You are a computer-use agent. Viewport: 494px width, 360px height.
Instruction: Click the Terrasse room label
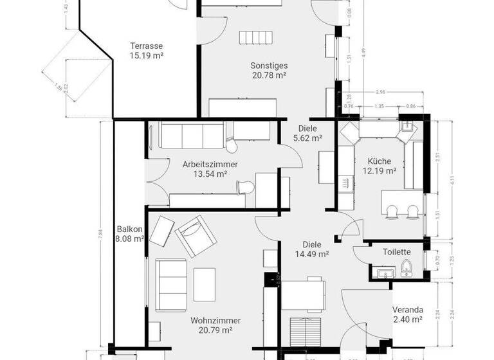pos(146,46)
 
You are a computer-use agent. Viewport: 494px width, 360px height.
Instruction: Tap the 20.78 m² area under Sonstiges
pos(269,75)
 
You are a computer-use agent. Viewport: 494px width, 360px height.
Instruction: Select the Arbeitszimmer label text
pos(210,164)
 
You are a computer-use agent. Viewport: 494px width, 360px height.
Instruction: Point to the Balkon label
pos(129,229)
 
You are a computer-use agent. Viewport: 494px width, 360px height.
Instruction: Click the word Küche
pos(380,161)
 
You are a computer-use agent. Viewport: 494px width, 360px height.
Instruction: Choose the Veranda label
pos(408,309)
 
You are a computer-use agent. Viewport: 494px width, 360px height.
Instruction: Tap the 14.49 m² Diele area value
pos(311,254)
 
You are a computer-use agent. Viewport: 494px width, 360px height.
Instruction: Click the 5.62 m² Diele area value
pos(306,138)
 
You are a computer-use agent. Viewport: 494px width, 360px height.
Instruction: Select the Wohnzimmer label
pos(215,320)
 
